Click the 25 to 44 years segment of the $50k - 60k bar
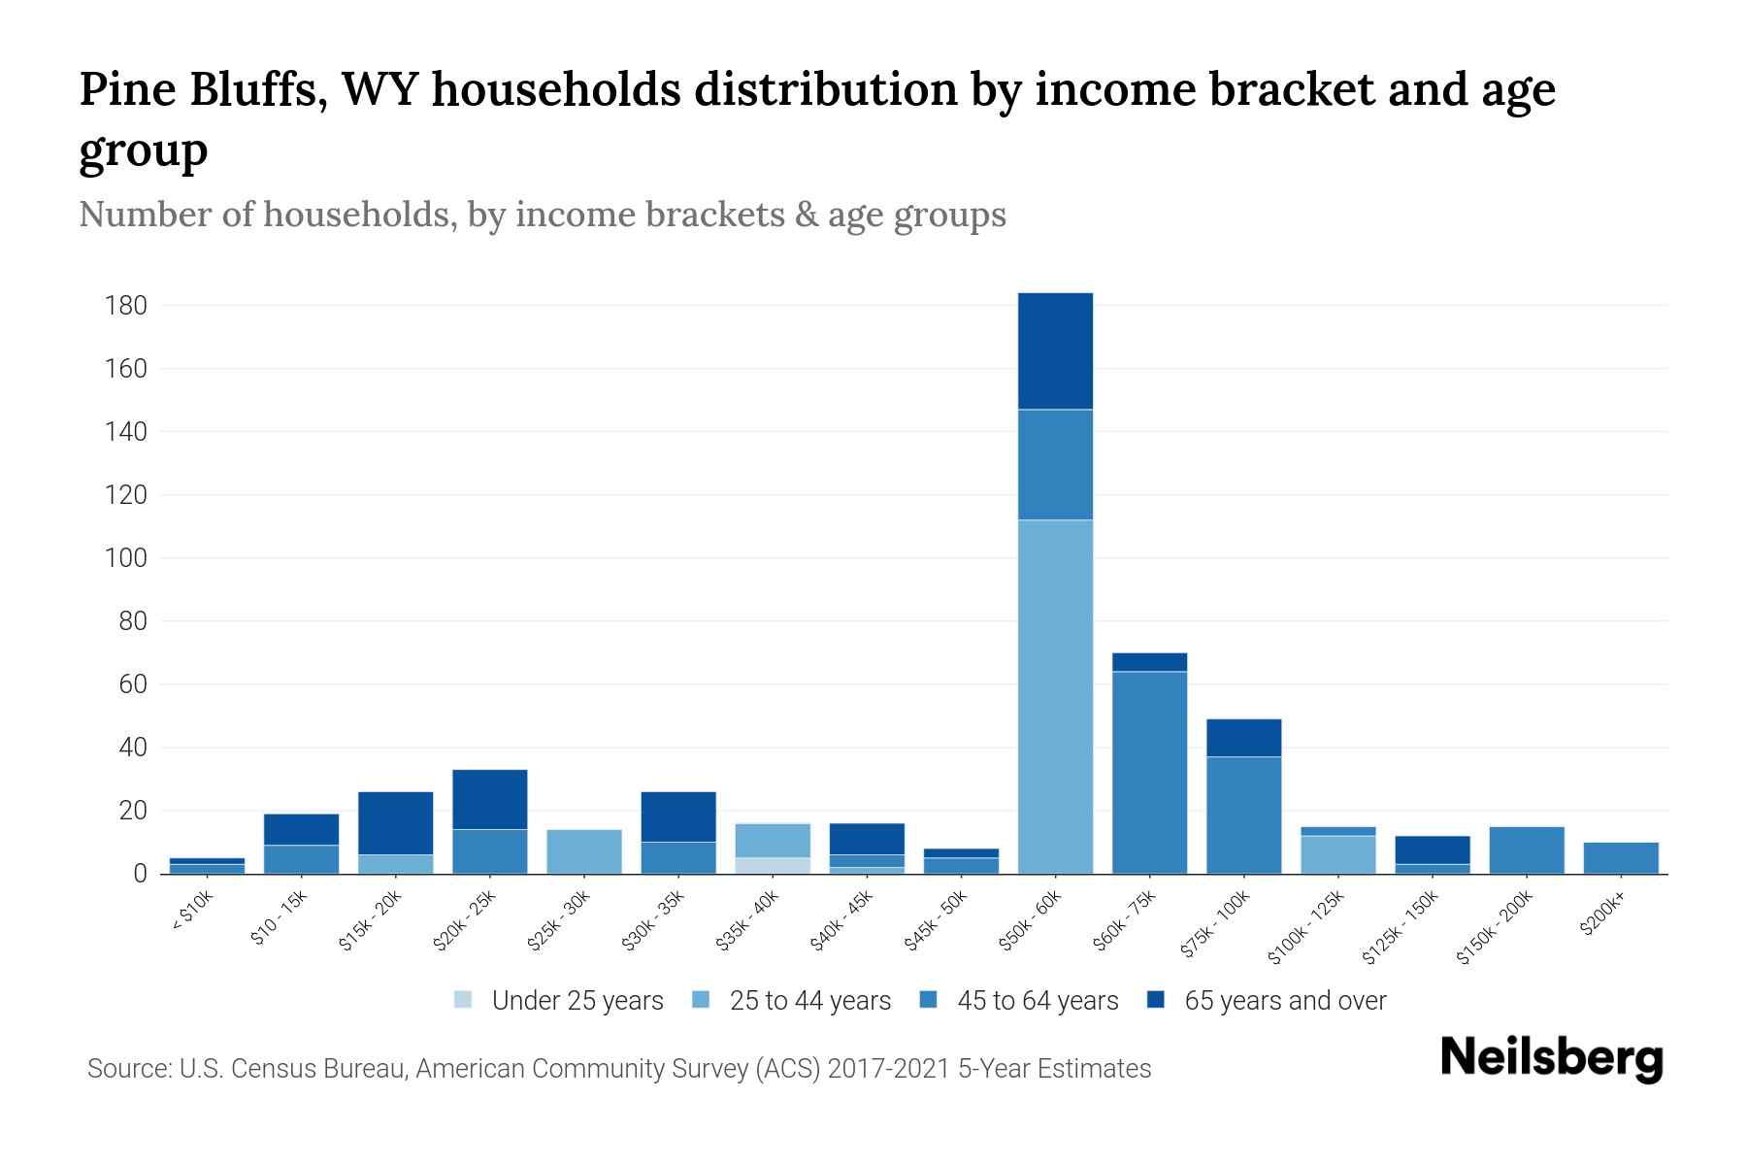(x=1055, y=696)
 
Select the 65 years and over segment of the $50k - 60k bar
(x=1055, y=350)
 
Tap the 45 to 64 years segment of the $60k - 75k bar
(x=1149, y=772)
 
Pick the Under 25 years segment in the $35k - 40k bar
(x=773, y=865)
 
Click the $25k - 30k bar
(x=584, y=851)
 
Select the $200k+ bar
(x=1621, y=857)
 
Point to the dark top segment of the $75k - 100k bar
(x=1243, y=738)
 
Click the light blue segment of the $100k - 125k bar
(x=1337, y=854)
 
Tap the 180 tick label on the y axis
(x=126, y=306)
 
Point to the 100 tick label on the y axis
(x=126, y=558)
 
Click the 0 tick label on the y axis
(x=141, y=874)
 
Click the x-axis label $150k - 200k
(x=1495, y=927)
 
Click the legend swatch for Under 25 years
(x=464, y=999)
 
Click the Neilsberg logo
(x=1551, y=1058)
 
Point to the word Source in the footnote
(x=126, y=1069)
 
